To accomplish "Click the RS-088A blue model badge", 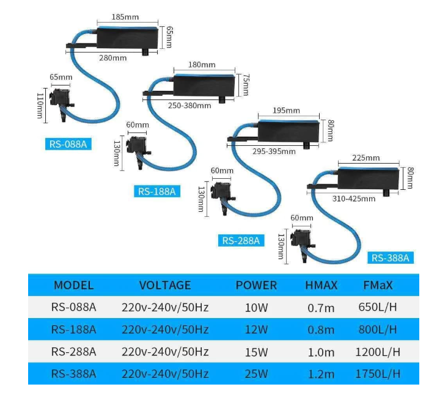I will tap(68, 144).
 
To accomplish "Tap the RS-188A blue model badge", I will tap(156, 191).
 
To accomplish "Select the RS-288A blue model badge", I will tap(241, 241).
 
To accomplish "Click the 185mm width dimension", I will tap(126, 16).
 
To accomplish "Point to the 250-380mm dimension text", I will tap(189, 105).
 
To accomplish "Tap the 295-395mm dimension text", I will tap(275, 151).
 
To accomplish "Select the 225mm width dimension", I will tap(366, 157).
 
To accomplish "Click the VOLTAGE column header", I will tap(165, 285).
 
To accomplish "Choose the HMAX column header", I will tap(321, 285).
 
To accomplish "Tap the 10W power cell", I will tap(256, 307).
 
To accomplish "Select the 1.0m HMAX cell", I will tap(321, 352).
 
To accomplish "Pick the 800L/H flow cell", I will tap(378, 330).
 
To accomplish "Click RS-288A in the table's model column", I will tap(73, 352).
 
